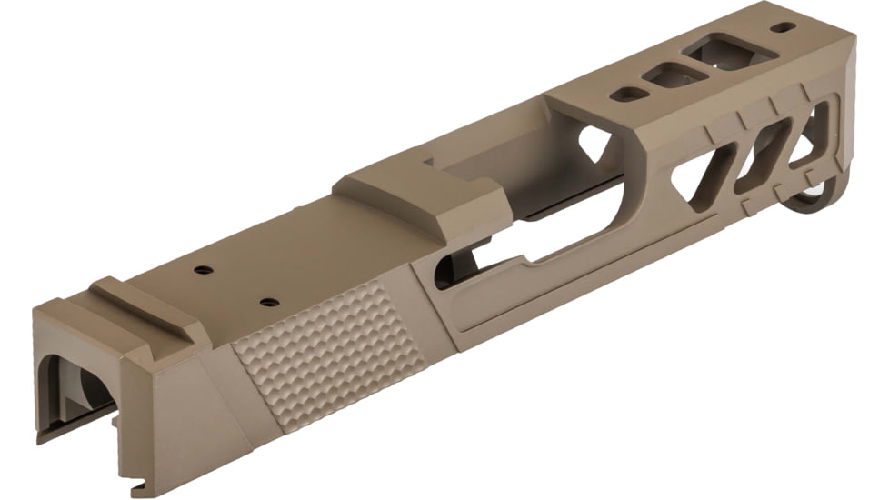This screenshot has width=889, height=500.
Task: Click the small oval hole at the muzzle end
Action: click(782, 27)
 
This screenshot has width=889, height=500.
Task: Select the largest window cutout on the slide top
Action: click(717, 50)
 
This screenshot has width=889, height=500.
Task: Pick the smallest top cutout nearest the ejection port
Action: click(626, 94)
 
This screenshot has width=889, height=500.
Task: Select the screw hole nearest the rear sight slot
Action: click(203, 270)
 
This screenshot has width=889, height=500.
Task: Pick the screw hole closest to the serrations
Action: click(267, 301)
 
